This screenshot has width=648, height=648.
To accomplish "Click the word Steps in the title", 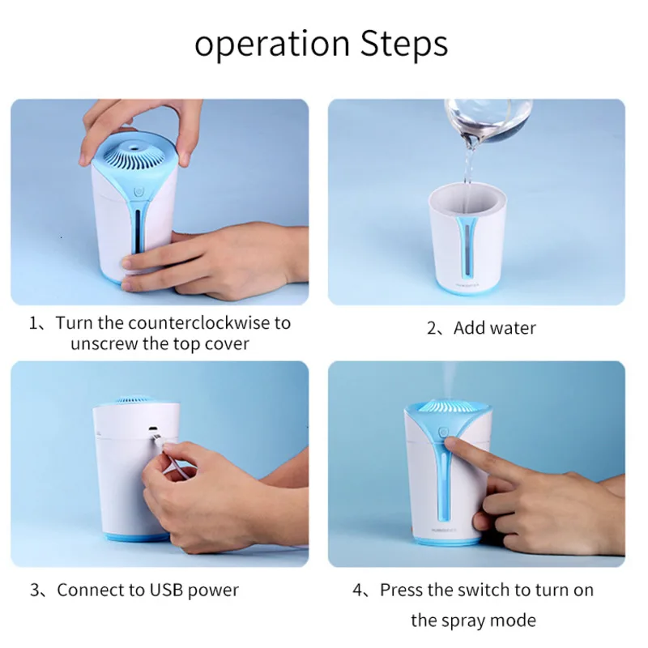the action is tap(403, 44).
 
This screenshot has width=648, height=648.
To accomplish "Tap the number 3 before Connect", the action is tap(35, 590).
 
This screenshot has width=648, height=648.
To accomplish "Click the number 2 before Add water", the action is tap(432, 329).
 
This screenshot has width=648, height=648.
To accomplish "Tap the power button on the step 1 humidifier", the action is tap(139, 192).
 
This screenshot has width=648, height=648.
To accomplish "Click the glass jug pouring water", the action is tap(488, 120).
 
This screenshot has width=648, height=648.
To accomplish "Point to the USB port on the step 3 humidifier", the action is tap(154, 428).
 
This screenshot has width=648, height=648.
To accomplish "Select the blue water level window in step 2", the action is tap(467, 249).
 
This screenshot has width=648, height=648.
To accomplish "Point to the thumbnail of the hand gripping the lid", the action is tap(185, 159).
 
